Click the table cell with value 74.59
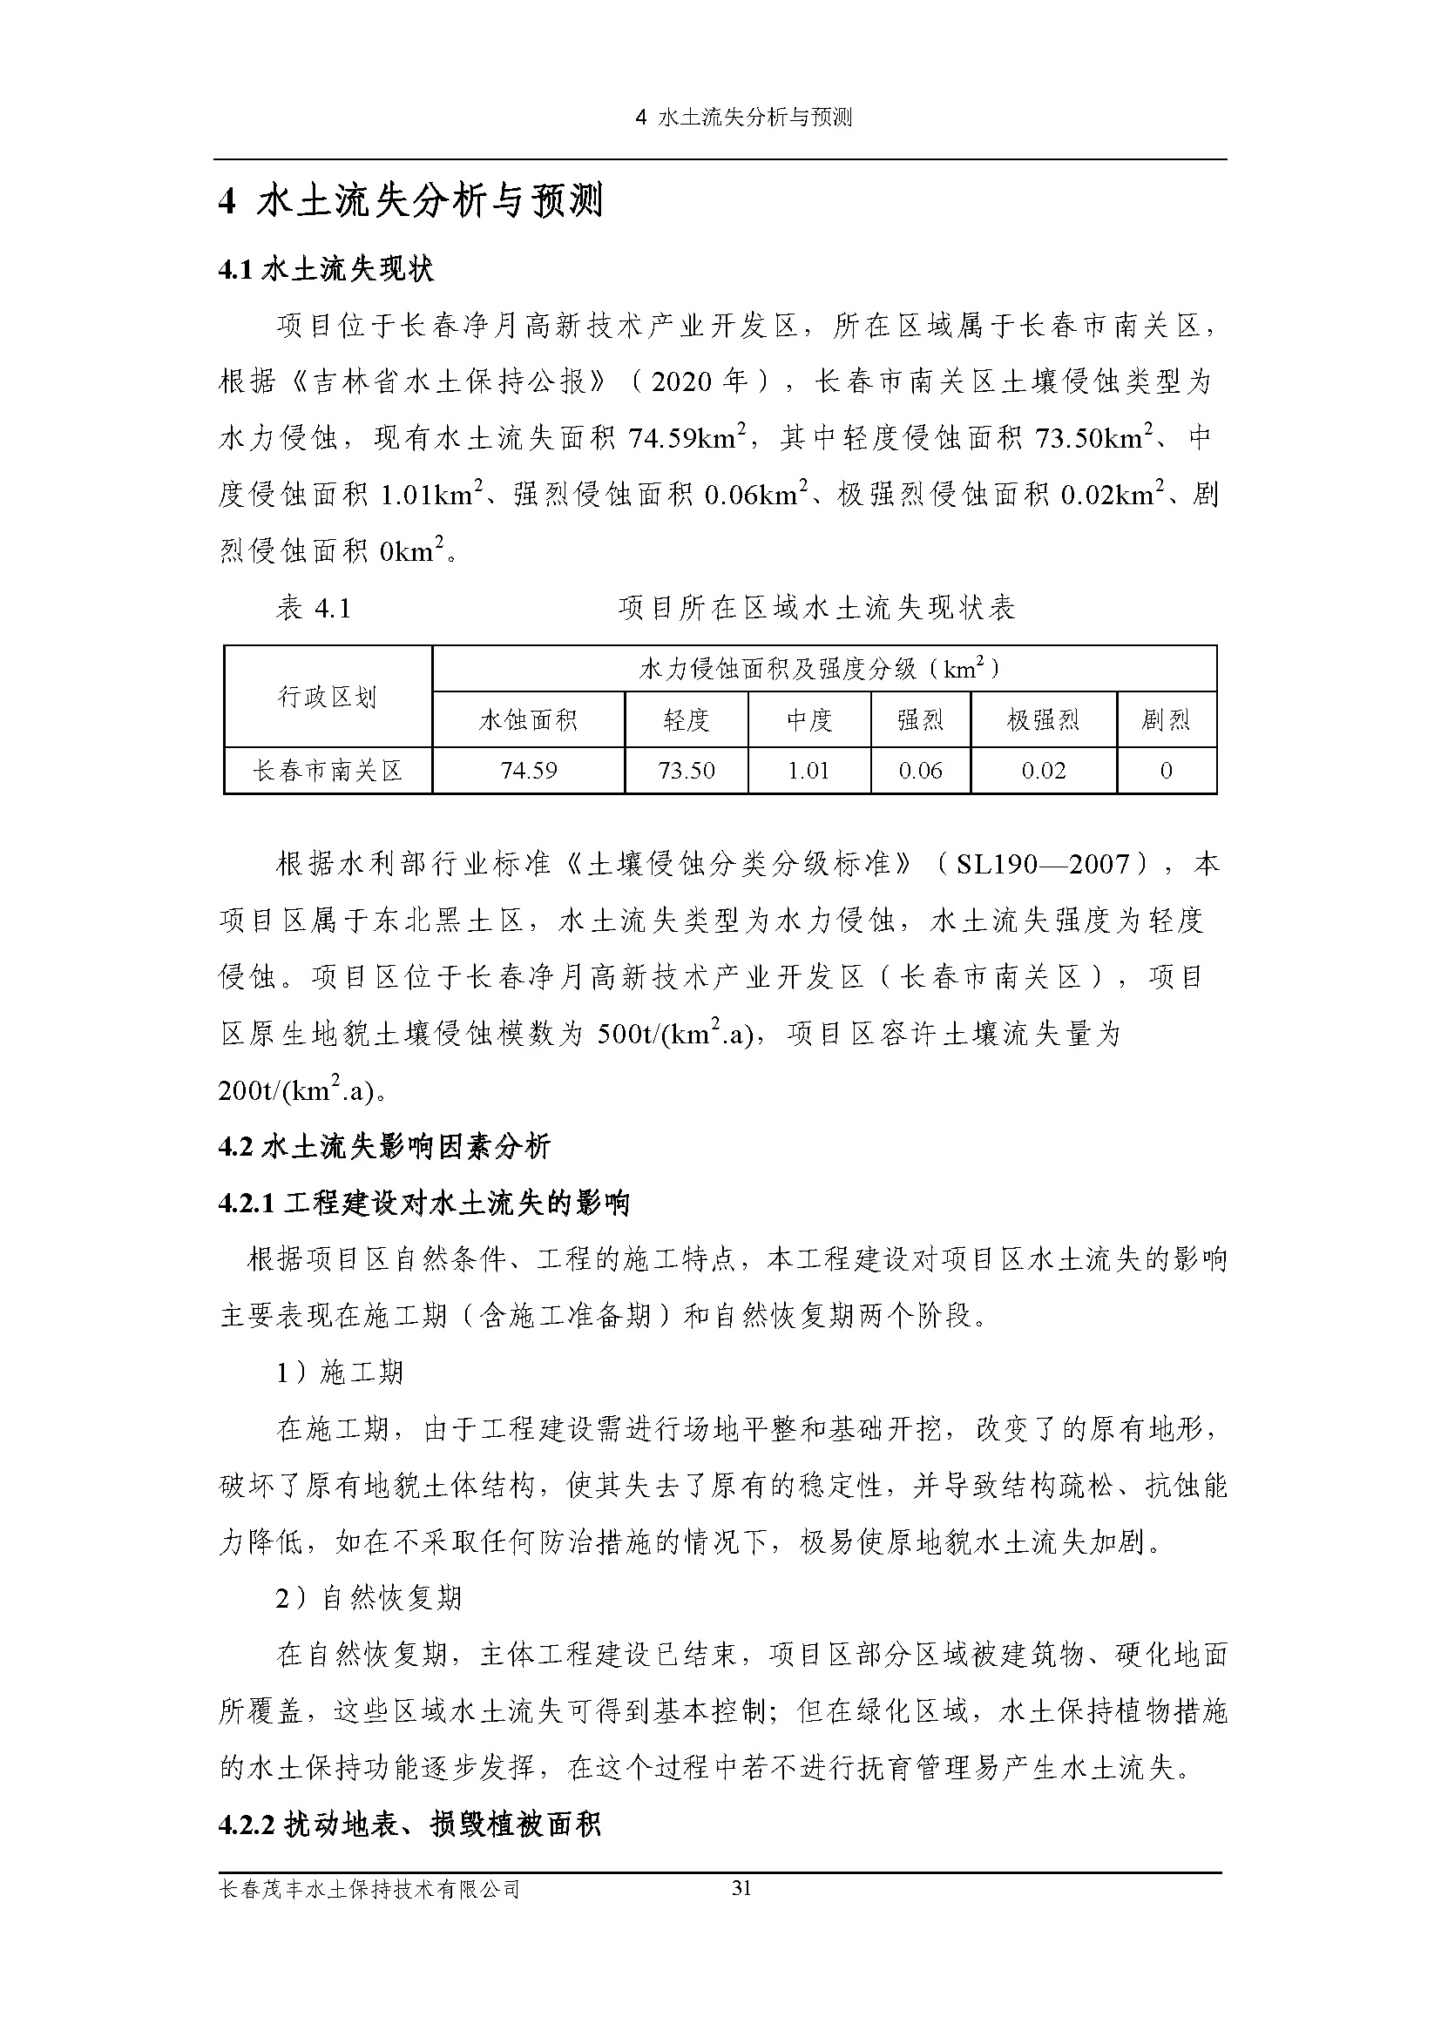[x=529, y=770]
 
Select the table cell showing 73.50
[x=686, y=770]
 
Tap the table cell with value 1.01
[x=808, y=770]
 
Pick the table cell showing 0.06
[x=920, y=770]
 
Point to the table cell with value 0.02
[x=1043, y=770]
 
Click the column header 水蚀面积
[x=529, y=719]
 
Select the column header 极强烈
[x=1043, y=719]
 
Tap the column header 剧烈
[x=1166, y=719]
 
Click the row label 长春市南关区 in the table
[x=328, y=770]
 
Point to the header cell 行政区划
[x=328, y=697]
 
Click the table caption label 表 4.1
[x=314, y=608]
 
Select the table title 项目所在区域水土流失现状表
[x=816, y=608]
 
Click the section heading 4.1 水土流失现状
[x=326, y=270]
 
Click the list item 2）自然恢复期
[x=369, y=1598]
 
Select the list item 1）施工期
[x=340, y=1373]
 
